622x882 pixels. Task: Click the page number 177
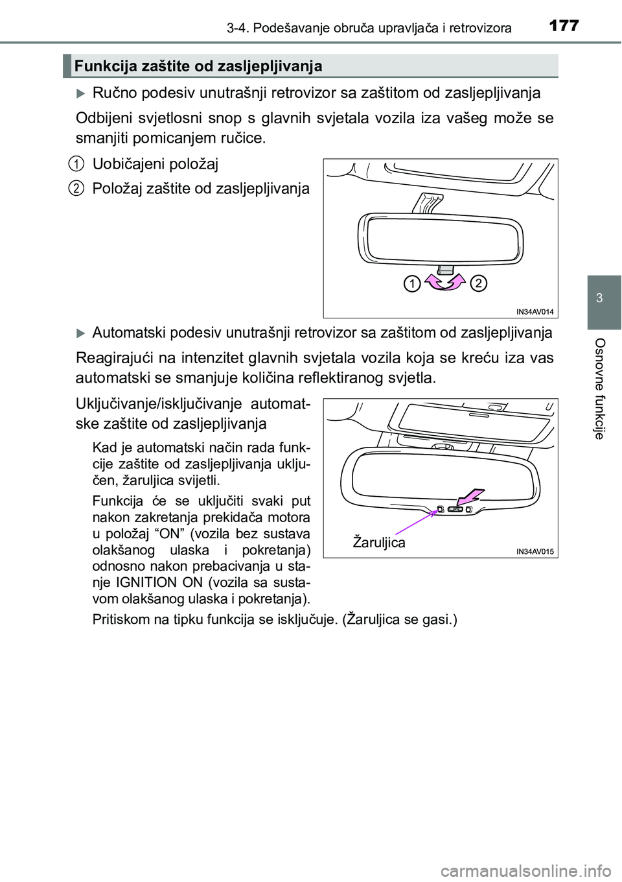click(x=563, y=26)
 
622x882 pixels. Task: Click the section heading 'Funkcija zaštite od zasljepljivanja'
click(x=198, y=66)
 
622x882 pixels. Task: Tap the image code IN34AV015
click(x=535, y=551)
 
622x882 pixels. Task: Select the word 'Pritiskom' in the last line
click(x=121, y=619)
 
